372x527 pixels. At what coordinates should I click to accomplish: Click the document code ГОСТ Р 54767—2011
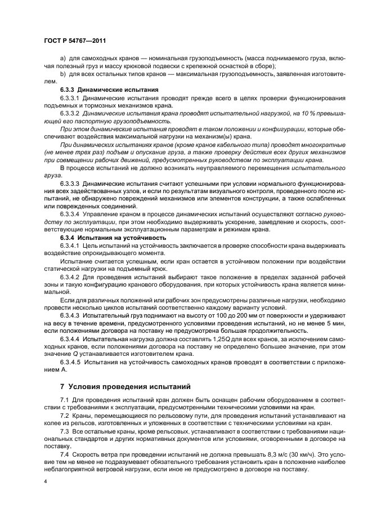pos(74,41)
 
